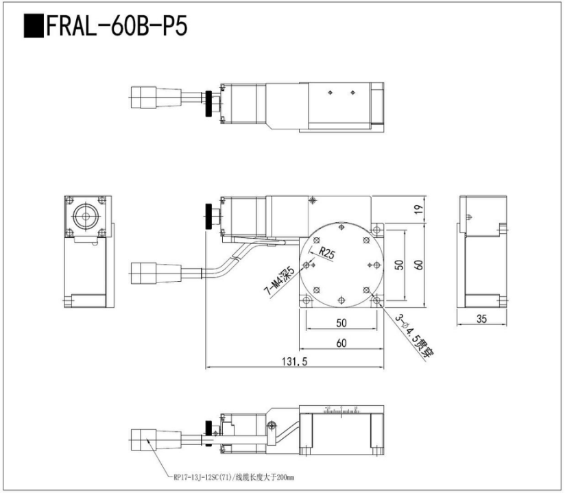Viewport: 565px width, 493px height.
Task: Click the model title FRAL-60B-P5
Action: (x=117, y=27)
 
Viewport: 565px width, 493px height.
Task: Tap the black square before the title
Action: (x=34, y=27)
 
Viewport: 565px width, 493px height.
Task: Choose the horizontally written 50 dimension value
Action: (x=341, y=322)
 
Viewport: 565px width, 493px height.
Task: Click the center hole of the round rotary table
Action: (x=341, y=265)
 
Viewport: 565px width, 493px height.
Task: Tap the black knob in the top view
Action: (x=207, y=102)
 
